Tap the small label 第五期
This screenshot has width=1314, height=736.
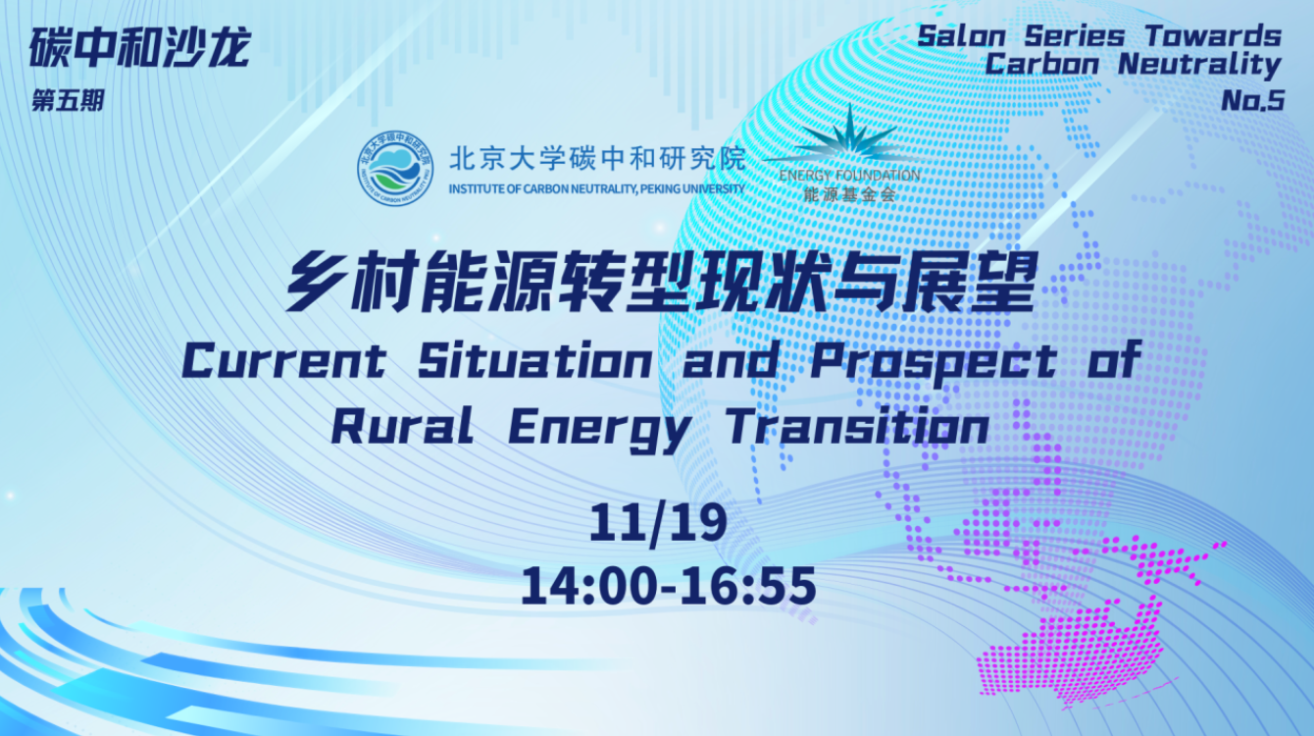68,101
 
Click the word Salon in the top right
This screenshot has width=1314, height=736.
962,36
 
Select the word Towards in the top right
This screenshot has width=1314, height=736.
1213,36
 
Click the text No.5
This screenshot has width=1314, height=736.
1252,100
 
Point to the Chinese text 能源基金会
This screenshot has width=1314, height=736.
849,194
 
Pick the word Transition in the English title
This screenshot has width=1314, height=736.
856,429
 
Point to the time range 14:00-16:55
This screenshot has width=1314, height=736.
668,586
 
